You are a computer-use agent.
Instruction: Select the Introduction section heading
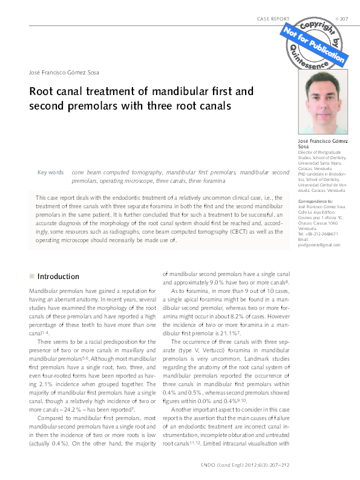58,277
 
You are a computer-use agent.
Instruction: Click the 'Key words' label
50,173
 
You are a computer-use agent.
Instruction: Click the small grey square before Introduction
31,277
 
